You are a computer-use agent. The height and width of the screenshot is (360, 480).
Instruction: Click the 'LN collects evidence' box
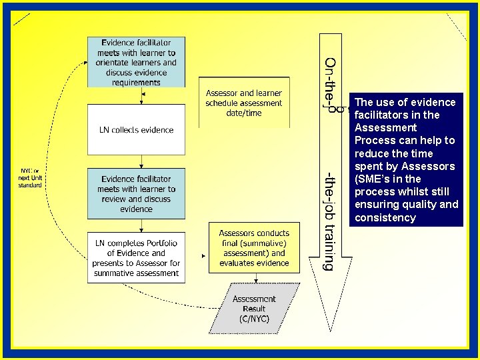coord(136,130)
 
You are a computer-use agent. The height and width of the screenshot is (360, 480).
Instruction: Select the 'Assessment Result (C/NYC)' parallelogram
coord(254,309)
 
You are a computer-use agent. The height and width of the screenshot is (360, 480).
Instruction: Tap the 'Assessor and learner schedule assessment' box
coord(243,103)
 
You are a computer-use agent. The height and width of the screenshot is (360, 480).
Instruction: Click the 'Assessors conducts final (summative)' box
coord(253,248)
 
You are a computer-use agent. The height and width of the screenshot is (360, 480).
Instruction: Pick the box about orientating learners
coord(136,63)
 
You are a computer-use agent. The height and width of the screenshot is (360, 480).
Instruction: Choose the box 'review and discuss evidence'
coord(136,194)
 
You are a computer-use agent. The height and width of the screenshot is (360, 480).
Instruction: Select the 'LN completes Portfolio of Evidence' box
coord(136,258)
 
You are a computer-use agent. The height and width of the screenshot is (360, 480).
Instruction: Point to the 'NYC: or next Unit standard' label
coord(30,178)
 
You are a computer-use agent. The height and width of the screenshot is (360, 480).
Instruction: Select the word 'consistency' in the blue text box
coord(385,217)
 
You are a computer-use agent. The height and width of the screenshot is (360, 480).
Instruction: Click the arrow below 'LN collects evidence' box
coord(141,161)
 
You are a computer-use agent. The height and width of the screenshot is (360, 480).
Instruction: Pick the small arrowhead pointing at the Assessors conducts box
coord(203,256)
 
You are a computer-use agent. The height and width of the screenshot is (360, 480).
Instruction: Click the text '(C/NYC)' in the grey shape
coord(254,319)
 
